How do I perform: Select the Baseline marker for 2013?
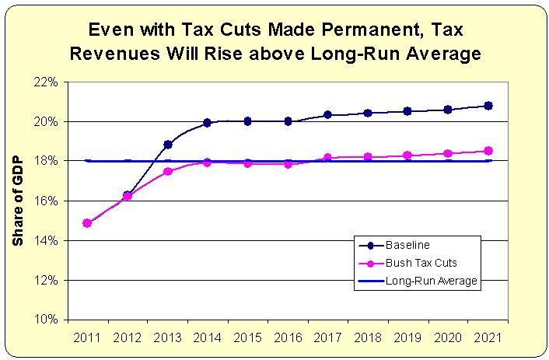click(167, 144)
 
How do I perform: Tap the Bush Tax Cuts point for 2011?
click(87, 223)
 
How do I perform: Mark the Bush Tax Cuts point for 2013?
click(167, 171)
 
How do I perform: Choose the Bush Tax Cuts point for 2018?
click(368, 157)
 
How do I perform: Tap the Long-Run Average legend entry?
click(430, 281)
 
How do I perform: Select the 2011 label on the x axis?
click(87, 337)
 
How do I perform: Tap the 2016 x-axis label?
click(288, 337)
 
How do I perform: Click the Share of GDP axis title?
click(19, 201)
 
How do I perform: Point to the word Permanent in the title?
click(326, 30)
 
